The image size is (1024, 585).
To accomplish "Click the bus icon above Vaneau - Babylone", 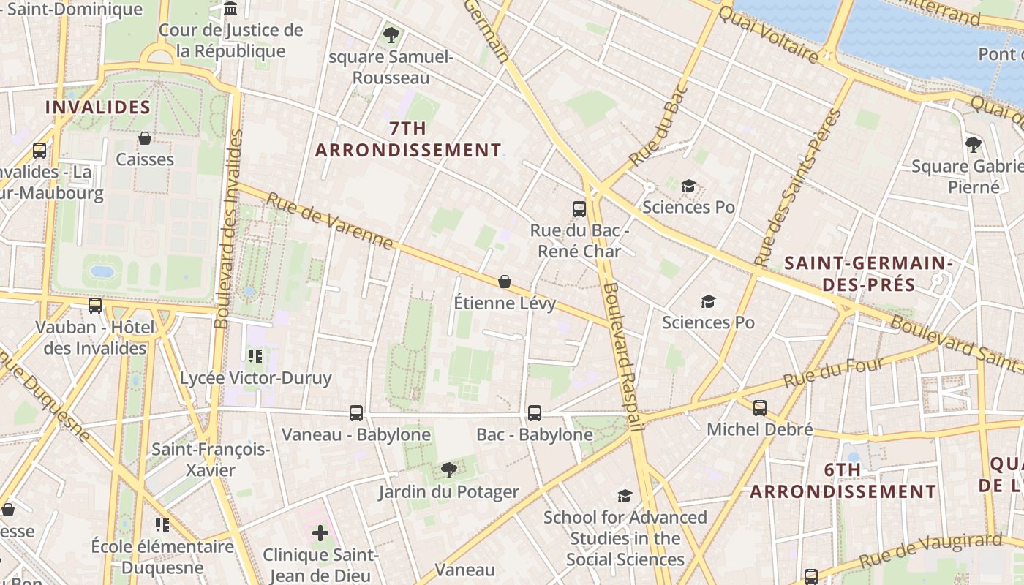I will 356,413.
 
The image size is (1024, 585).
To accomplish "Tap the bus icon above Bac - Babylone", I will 535,413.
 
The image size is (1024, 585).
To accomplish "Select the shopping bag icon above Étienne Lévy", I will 504,282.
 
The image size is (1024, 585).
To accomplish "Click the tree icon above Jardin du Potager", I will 448,470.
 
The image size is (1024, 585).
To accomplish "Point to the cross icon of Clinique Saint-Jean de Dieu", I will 320,533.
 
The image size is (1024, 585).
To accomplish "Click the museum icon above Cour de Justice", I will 231,9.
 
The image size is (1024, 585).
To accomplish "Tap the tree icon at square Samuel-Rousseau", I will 391,34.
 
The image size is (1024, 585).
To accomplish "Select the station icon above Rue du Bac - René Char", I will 579,209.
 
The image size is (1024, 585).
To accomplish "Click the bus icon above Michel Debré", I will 760,408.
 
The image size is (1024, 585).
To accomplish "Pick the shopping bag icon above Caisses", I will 145,138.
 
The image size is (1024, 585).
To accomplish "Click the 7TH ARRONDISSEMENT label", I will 408,139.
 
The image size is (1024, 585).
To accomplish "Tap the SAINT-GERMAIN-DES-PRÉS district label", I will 868,273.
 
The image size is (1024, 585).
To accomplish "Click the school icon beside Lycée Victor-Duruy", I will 255,356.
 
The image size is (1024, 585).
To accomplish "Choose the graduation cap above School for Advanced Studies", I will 624,497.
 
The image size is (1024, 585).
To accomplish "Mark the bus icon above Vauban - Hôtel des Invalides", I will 95,306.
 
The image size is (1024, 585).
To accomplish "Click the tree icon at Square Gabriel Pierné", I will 973,145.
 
